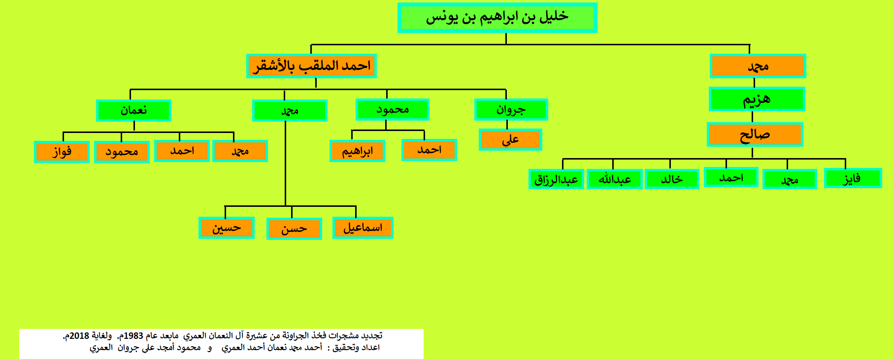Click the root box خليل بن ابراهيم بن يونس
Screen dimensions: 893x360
[497, 18]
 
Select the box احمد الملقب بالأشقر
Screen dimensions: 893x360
[311, 66]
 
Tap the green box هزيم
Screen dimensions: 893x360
[757, 99]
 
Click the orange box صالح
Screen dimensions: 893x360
[755, 134]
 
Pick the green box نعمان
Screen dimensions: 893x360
[133, 110]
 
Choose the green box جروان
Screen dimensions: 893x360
[511, 109]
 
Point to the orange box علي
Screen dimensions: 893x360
[510, 139]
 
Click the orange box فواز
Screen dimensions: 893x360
[62, 152]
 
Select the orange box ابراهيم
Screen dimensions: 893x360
[357, 151]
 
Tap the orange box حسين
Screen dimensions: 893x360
[227, 228]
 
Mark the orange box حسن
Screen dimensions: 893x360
[294, 229]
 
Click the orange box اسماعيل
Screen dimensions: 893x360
[363, 228]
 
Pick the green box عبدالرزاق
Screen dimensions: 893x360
[556, 179]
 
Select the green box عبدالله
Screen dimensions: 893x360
[615, 179]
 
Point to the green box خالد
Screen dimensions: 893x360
[672, 179]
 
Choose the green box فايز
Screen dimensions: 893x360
[853, 178]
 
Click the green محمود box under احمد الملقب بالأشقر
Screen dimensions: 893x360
[393, 109]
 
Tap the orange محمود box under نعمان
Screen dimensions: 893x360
[122, 152]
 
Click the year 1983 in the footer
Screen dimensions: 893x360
[133, 336]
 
